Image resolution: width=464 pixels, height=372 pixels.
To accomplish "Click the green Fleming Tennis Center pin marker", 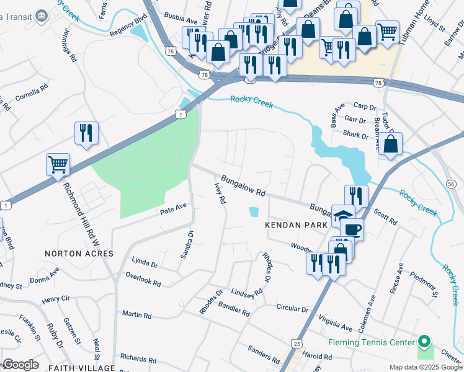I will [424, 342].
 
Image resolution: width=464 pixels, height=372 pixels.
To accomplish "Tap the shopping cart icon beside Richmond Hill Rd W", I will [58, 165].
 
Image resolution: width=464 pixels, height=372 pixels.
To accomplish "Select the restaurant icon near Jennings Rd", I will [86, 133].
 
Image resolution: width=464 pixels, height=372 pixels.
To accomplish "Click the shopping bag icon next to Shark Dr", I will [391, 144].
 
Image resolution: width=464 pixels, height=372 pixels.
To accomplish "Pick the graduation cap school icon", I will [342, 216].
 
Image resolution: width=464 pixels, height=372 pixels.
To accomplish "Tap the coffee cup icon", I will [352, 229].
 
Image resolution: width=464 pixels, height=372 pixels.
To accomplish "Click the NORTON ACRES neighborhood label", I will [79, 254].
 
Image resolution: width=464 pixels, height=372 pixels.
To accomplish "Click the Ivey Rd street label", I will [220, 193].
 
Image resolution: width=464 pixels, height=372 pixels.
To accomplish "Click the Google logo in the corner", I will [20, 365].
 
